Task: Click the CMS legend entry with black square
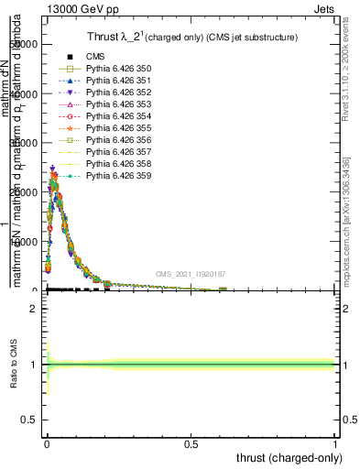(96, 57)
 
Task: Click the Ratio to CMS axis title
(14, 364)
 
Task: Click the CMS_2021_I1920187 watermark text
(191, 274)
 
